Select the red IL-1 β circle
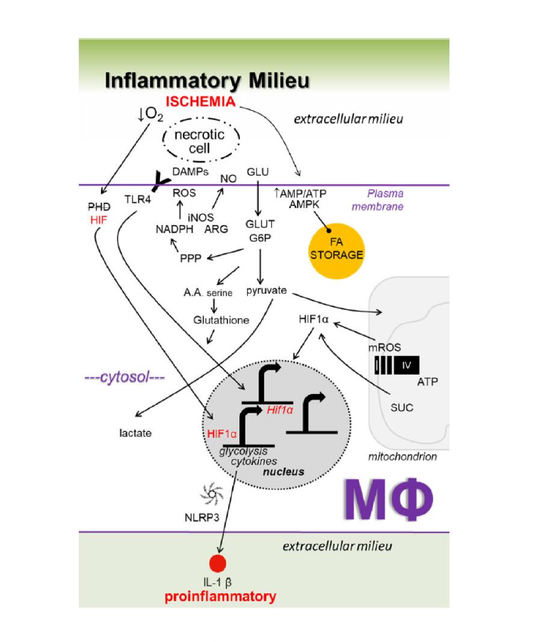click(x=217, y=563)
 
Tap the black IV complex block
click(x=397, y=365)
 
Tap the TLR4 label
click(x=137, y=198)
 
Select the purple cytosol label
click(x=125, y=379)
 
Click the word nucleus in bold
click(x=283, y=472)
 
